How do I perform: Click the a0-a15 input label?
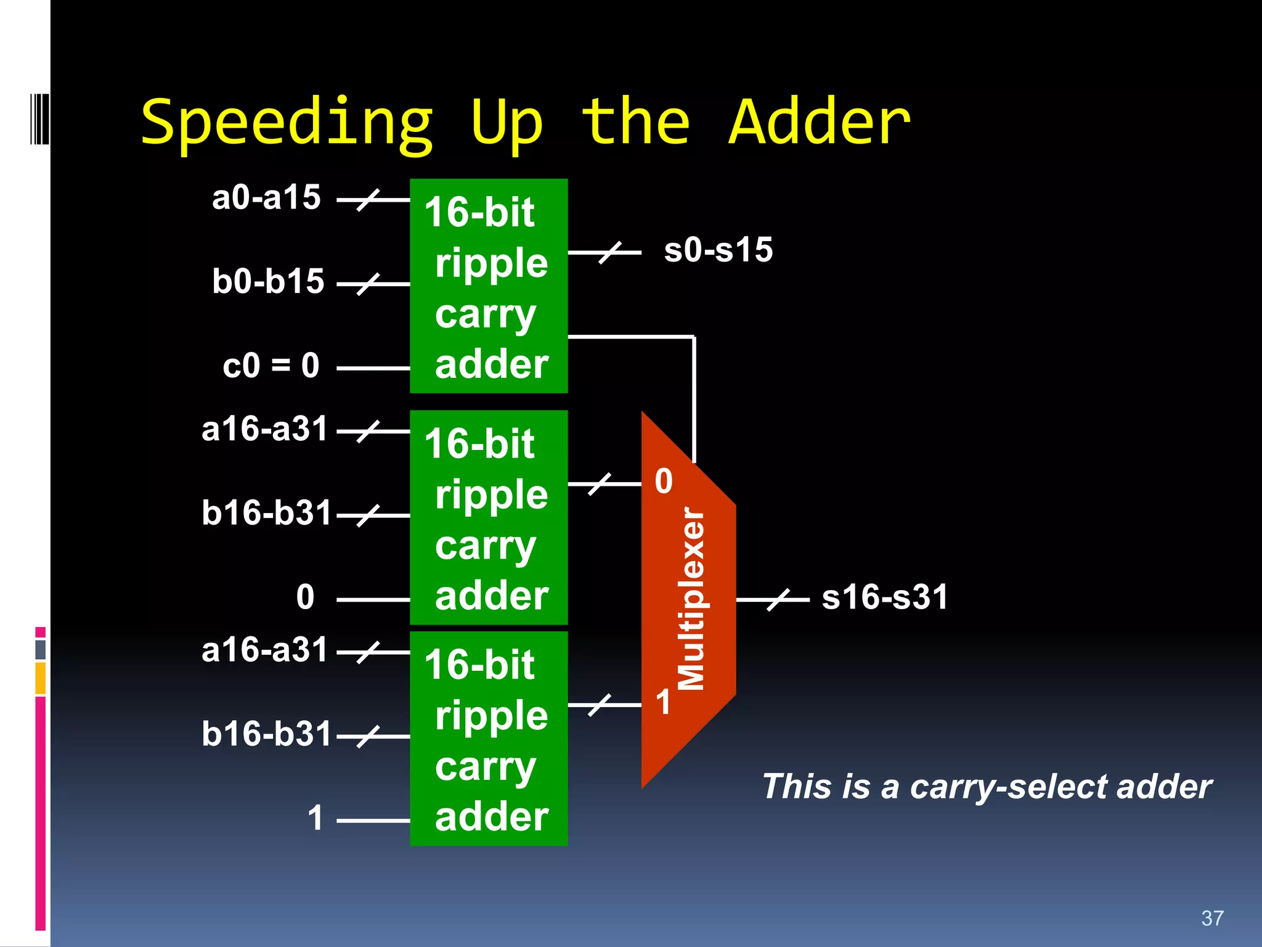[x=266, y=198]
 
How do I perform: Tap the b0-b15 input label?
[x=268, y=282]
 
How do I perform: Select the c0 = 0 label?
[x=271, y=366]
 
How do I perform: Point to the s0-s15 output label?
[x=718, y=250]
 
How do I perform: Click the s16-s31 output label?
[x=885, y=597]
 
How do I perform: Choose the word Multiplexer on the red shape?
[x=691, y=598]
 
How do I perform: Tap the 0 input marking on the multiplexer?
[x=663, y=481]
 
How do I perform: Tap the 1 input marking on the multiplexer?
[x=663, y=702]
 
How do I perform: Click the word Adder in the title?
[x=819, y=123]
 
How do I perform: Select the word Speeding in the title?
[x=287, y=124]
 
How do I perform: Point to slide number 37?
[x=1212, y=918]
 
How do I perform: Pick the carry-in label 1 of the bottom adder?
[x=315, y=818]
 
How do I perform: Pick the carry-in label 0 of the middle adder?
[x=305, y=597]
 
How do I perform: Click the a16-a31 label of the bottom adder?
[x=265, y=650]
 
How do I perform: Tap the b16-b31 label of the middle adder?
[x=266, y=513]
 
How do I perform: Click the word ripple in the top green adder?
[x=491, y=263]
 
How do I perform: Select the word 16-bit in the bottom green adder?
[x=479, y=665]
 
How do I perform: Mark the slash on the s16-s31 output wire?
[x=778, y=599]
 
